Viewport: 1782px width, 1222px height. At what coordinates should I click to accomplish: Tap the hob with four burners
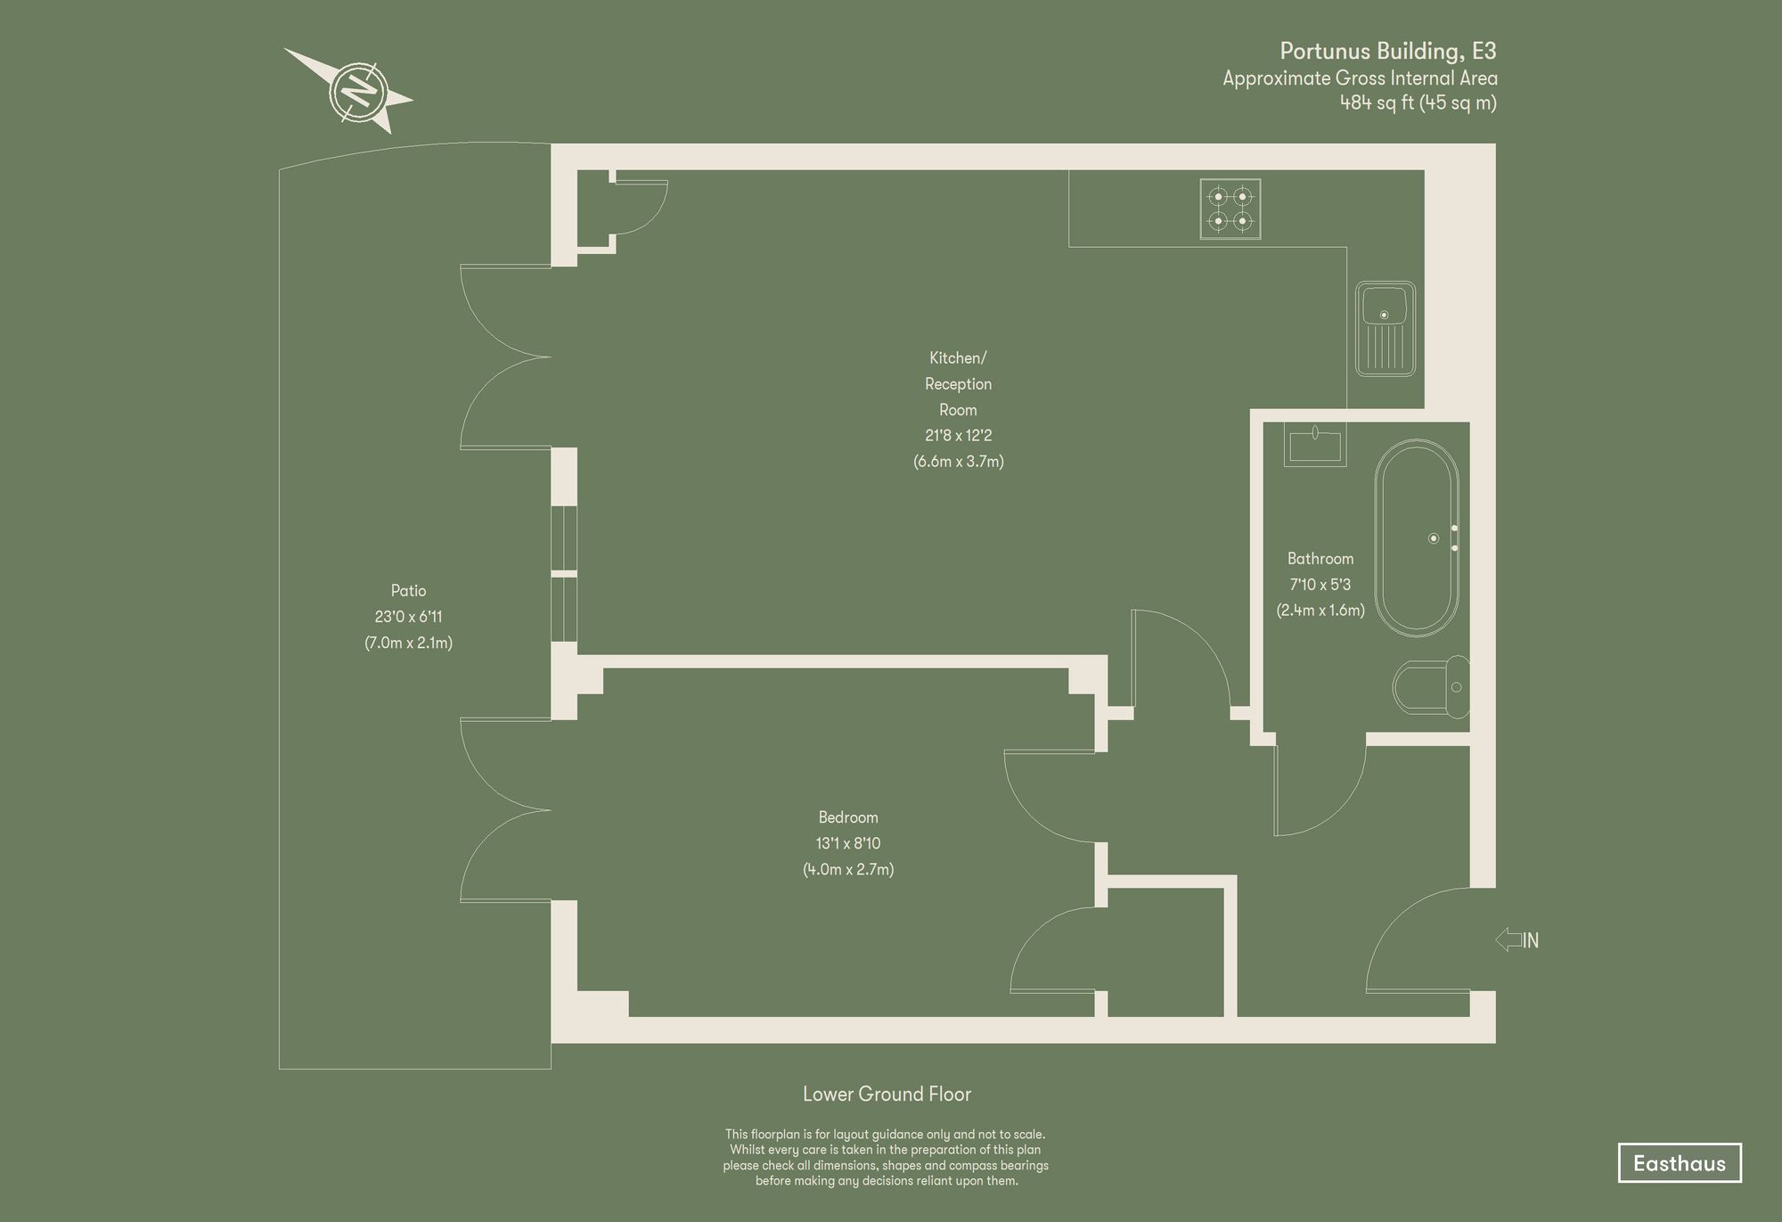coord(1230,209)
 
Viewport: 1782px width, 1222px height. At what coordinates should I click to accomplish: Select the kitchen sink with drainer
coord(1386,329)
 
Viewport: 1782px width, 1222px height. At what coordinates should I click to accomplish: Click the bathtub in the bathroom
coord(1417,537)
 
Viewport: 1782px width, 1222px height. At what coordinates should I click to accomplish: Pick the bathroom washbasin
coord(1315,444)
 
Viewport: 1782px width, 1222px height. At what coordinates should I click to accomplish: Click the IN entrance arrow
coord(1517,940)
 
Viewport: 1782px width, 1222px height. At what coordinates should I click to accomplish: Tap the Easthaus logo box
coord(1679,1162)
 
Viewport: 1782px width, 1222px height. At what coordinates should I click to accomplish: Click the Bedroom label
coord(848,817)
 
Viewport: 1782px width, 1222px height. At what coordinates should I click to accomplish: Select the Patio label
coord(408,590)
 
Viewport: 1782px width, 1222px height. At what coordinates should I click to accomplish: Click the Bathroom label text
coord(1320,559)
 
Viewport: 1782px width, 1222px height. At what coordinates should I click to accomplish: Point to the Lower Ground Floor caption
coord(887,1094)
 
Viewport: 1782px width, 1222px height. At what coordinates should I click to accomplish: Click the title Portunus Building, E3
coord(1388,51)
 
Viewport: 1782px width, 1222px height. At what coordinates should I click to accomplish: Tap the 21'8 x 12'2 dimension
coord(958,436)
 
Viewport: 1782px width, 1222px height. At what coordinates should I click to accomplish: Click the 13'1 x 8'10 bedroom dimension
coord(848,843)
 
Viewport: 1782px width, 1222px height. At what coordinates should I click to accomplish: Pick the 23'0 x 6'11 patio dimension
coord(408,616)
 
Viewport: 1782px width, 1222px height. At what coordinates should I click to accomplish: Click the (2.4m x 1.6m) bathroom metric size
coord(1320,611)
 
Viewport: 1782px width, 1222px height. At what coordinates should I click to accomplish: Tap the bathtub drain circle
coord(1434,538)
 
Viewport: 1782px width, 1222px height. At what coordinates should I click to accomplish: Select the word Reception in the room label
coord(958,384)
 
